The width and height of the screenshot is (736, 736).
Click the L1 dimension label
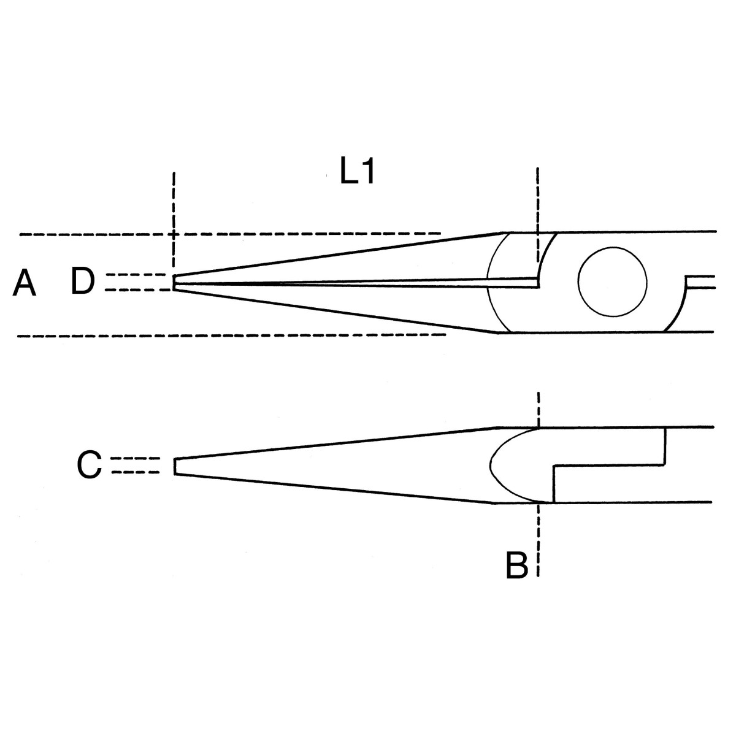[x=357, y=172]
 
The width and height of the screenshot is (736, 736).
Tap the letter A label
[x=25, y=283]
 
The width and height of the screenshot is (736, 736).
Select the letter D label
[x=83, y=282]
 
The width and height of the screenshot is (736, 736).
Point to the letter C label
[x=89, y=465]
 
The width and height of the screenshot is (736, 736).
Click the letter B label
[x=517, y=565]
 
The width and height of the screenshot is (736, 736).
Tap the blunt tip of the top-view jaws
[x=174, y=283]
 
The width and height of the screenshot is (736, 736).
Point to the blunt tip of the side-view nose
[x=175, y=466]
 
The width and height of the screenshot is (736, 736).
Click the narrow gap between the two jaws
[x=356, y=283]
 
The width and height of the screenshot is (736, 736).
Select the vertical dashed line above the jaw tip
[x=174, y=220]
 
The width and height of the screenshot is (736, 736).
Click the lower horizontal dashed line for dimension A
[x=231, y=335]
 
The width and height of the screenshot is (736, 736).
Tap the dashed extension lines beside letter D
[x=136, y=282]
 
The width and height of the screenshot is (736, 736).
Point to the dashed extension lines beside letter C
[x=135, y=465]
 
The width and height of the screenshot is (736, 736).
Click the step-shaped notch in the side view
[x=609, y=465]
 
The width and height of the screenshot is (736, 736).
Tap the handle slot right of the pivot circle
[x=700, y=282]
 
